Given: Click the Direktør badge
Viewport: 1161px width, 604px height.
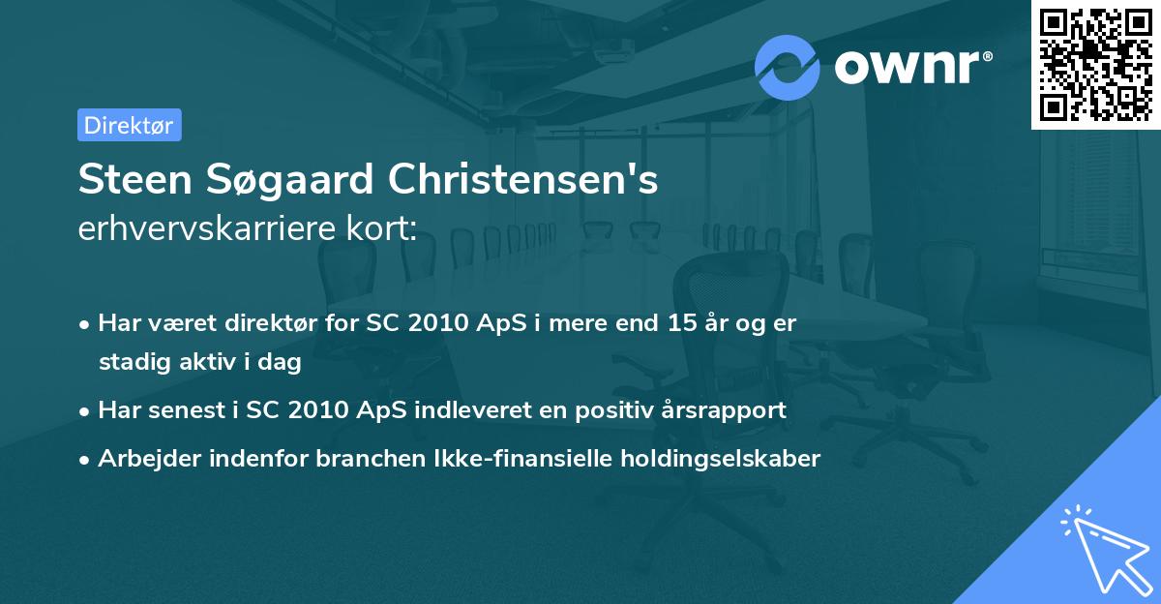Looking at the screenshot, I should point(129,125).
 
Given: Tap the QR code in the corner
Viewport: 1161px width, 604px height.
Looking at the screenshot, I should point(1096,64).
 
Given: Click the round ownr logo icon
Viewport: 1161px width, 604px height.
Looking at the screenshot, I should point(788,67).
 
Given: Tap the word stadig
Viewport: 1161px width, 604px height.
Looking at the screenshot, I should point(131,363).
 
